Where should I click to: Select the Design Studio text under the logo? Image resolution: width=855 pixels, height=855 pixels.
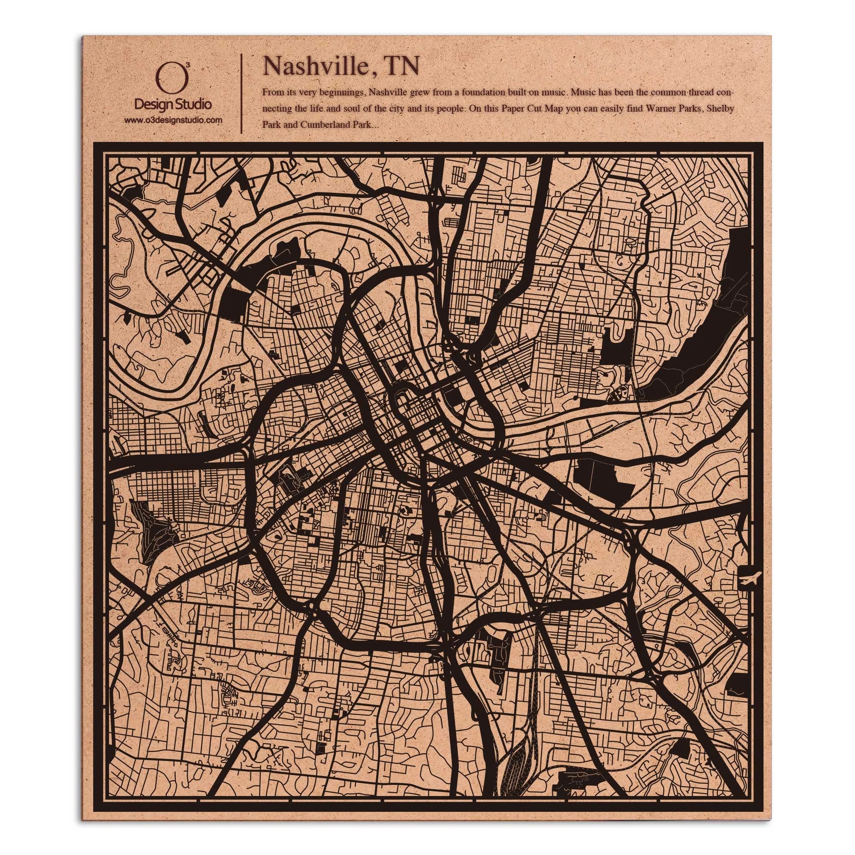[x=173, y=105]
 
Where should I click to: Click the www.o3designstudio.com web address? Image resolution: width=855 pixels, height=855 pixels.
[x=173, y=120]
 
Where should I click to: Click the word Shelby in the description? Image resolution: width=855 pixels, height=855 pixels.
[x=721, y=109]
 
